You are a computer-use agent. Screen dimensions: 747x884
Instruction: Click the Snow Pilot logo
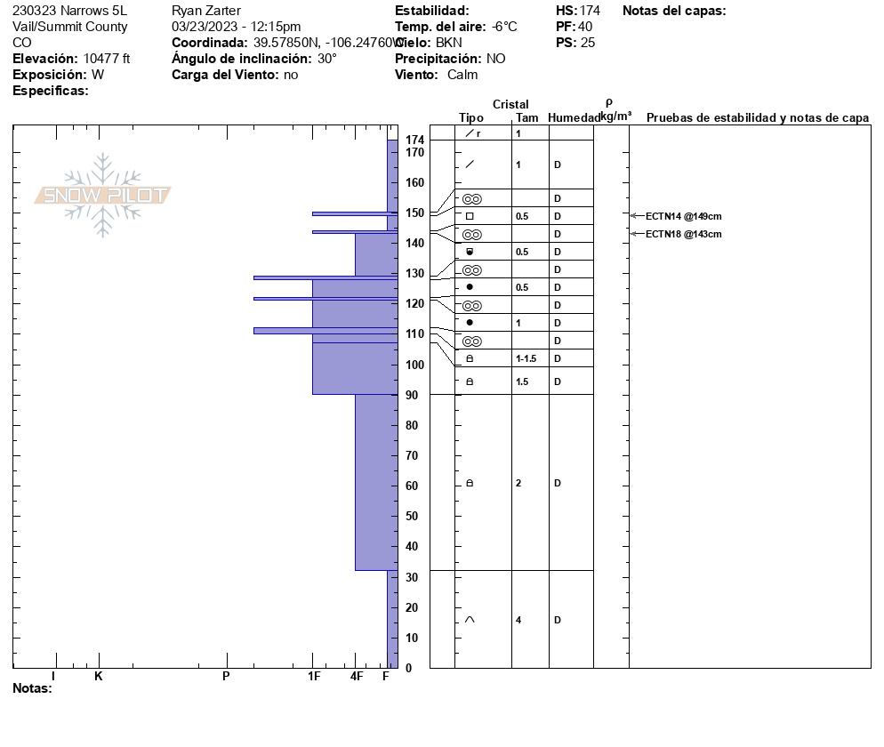pyautogui.click(x=103, y=195)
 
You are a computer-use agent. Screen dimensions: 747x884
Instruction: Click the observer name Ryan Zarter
pyautogui.click(x=206, y=11)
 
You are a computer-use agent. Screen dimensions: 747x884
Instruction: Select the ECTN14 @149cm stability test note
pyautogui.click(x=683, y=216)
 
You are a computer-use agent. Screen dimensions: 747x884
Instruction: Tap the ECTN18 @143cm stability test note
pyautogui.click(x=683, y=234)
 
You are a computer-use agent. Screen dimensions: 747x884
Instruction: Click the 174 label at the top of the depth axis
pyautogui.click(x=415, y=141)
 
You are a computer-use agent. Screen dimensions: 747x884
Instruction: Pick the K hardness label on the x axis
pyautogui.click(x=99, y=677)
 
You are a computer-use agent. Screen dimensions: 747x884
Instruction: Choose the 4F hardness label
pyautogui.click(x=357, y=677)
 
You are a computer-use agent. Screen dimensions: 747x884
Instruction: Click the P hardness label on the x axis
pyautogui.click(x=226, y=677)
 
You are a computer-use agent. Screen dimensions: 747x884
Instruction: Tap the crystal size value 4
pyautogui.click(x=518, y=620)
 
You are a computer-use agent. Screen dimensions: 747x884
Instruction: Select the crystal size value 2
pyautogui.click(x=518, y=483)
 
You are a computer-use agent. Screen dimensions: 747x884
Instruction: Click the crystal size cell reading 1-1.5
pyautogui.click(x=526, y=358)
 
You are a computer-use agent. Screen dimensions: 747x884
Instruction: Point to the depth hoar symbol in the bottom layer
pyautogui.click(x=470, y=620)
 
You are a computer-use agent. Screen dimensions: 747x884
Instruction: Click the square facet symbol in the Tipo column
pyautogui.click(x=470, y=216)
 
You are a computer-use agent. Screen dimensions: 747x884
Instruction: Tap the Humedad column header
pyautogui.click(x=574, y=118)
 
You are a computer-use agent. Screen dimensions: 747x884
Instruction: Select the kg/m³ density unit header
pyautogui.click(x=615, y=116)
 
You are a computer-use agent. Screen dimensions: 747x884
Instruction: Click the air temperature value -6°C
pyautogui.click(x=504, y=27)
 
